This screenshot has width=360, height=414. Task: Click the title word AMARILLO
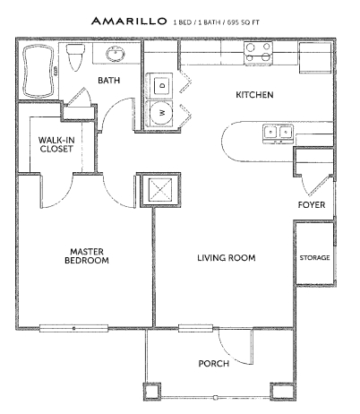tap(129, 21)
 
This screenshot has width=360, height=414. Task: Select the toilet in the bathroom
tap(74, 57)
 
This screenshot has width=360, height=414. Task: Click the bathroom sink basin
tap(115, 54)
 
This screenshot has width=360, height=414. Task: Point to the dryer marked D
tap(160, 86)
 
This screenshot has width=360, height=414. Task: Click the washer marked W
tap(160, 113)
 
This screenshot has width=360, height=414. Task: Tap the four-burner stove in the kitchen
tap(259, 54)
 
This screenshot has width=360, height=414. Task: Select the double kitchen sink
tap(278, 134)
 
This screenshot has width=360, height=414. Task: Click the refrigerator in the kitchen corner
tap(315, 57)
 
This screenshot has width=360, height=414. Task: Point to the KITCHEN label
tap(254, 95)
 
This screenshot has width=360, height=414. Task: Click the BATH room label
tap(109, 80)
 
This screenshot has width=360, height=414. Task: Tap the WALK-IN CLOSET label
tap(56, 144)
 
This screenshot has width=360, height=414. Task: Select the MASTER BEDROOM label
tap(87, 256)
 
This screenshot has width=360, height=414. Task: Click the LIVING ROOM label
tap(227, 257)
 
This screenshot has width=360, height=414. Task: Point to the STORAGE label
tap(314, 257)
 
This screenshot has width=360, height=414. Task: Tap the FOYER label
tap(312, 204)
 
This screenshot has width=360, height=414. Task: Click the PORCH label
tap(214, 363)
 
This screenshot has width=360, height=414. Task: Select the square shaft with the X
tap(160, 190)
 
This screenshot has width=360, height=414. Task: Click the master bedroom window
tap(74, 328)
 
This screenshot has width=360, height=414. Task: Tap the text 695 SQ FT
tap(244, 22)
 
